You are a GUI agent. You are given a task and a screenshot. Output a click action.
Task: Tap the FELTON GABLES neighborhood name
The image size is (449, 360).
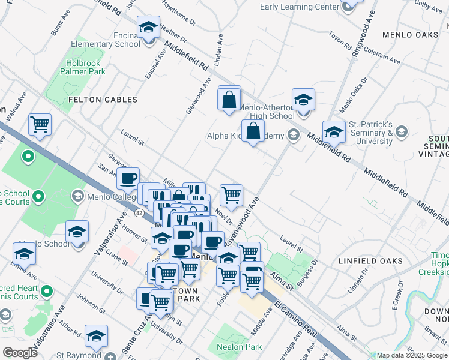click(x=103, y=100)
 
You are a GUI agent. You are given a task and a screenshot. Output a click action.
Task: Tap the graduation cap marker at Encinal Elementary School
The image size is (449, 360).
click(x=148, y=28)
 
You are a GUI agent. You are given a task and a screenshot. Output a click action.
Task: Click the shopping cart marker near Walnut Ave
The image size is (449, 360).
click(x=40, y=125)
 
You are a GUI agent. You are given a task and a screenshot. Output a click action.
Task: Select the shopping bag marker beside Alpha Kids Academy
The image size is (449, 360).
click(x=253, y=131)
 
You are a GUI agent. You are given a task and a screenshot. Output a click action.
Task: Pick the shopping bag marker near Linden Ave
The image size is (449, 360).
click(x=229, y=100)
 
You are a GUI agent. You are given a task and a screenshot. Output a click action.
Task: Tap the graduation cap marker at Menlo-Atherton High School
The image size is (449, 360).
click(x=304, y=100)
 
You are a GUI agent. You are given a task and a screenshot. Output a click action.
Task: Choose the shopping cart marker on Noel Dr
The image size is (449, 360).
click(x=231, y=195)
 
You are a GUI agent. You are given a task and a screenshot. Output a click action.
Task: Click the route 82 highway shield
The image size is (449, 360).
click(x=139, y=213)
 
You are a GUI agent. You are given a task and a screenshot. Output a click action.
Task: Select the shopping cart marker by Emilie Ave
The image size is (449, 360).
click(x=24, y=253)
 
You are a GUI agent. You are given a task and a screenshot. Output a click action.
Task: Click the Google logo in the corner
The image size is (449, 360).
click(x=20, y=352)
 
